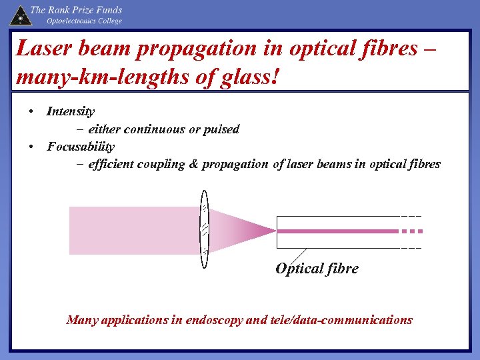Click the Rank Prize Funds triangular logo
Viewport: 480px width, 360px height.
19,15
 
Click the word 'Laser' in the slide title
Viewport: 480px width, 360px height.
41,49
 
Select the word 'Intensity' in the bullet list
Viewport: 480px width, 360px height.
71,111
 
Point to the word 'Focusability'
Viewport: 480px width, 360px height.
81,147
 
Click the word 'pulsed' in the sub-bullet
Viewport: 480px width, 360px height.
221,129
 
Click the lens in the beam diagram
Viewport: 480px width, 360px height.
205,230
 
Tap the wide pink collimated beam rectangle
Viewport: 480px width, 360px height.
133,230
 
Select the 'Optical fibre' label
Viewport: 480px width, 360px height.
317,269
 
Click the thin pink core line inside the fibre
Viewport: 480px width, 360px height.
337,231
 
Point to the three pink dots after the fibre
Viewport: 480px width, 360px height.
412,231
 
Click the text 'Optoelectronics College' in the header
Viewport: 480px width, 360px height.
84,21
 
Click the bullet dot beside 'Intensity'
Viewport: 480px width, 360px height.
31,111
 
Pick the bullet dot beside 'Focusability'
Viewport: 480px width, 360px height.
31,146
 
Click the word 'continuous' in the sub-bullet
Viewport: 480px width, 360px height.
155,129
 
